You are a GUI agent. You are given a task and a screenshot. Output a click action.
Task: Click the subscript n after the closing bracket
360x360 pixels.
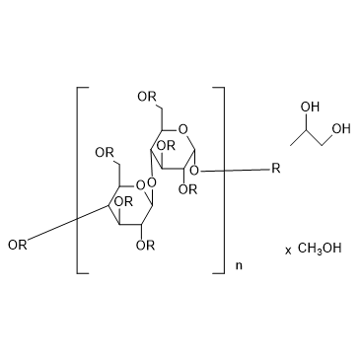pyautogui.click(x=239, y=265)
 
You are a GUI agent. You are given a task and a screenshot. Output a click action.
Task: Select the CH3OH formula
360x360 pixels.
pyautogui.click(x=320, y=248)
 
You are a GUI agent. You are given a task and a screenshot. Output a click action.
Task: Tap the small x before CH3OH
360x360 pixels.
pyautogui.click(x=288, y=251)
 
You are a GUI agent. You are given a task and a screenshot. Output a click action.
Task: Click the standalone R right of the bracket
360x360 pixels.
pyautogui.click(x=276, y=169)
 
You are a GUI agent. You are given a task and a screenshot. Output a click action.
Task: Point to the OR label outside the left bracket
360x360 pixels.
pyautogui.click(x=18, y=245)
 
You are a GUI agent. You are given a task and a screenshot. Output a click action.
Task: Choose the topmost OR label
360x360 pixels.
pyautogui.click(x=147, y=97)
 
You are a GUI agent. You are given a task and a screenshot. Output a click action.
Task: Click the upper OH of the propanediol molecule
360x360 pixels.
pyautogui.click(x=310, y=108)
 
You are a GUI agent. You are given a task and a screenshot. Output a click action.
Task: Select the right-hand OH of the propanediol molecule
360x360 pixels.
pyautogui.click(x=341, y=129)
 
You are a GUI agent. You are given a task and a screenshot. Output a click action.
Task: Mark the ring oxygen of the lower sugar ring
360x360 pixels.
pyautogui.click(x=140, y=186)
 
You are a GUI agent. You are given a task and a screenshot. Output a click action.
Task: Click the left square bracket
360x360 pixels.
pyautogui.click(x=83, y=180)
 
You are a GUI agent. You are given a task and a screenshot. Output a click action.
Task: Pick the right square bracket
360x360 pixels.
pyautogui.click(x=219, y=180)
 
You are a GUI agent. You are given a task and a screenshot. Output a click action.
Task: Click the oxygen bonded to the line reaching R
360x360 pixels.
pyautogui.click(x=195, y=171)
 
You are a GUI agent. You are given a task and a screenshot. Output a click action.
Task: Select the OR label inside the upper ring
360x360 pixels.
pyautogui.click(x=166, y=145)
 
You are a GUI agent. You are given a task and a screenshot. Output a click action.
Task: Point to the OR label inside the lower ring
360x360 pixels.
pyautogui.click(x=123, y=201)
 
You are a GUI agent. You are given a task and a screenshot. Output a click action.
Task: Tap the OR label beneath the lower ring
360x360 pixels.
pyautogui.click(x=146, y=245)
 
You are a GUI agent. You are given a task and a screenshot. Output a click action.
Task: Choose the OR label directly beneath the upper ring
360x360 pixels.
pyautogui.click(x=188, y=189)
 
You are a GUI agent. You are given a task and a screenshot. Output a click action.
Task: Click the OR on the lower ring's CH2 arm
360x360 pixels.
pyautogui.click(x=105, y=153)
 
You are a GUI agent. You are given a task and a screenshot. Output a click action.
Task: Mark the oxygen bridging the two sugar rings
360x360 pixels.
pyautogui.click(x=152, y=180)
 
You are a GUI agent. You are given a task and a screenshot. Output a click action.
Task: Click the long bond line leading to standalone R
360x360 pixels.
pyautogui.click(x=235, y=171)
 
